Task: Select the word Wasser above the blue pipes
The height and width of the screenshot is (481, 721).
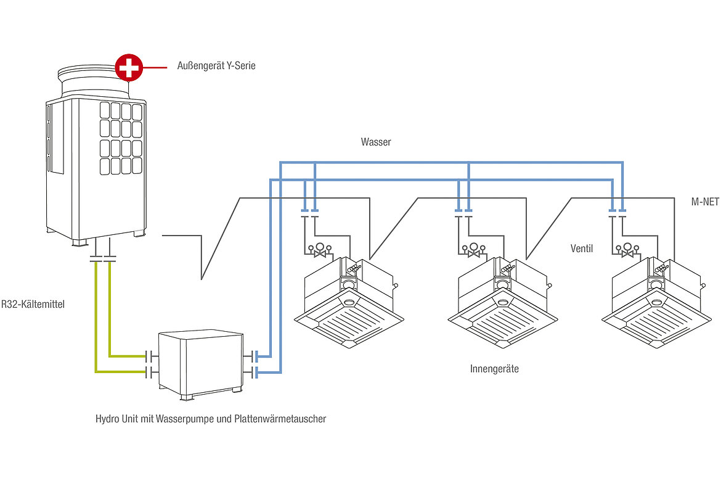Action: pyautogui.click(x=376, y=142)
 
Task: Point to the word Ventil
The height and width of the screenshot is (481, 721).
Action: pyautogui.click(x=582, y=249)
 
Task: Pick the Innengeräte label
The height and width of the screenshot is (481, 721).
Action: pyautogui.click(x=494, y=369)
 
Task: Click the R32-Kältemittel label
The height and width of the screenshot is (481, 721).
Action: pyautogui.click(x=33, y=304)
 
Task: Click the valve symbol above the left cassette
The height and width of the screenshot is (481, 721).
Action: pyautogui.click(x=320, y=252)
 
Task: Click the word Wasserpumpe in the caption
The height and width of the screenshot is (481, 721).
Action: pyautogui.click(x=183, y=419)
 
